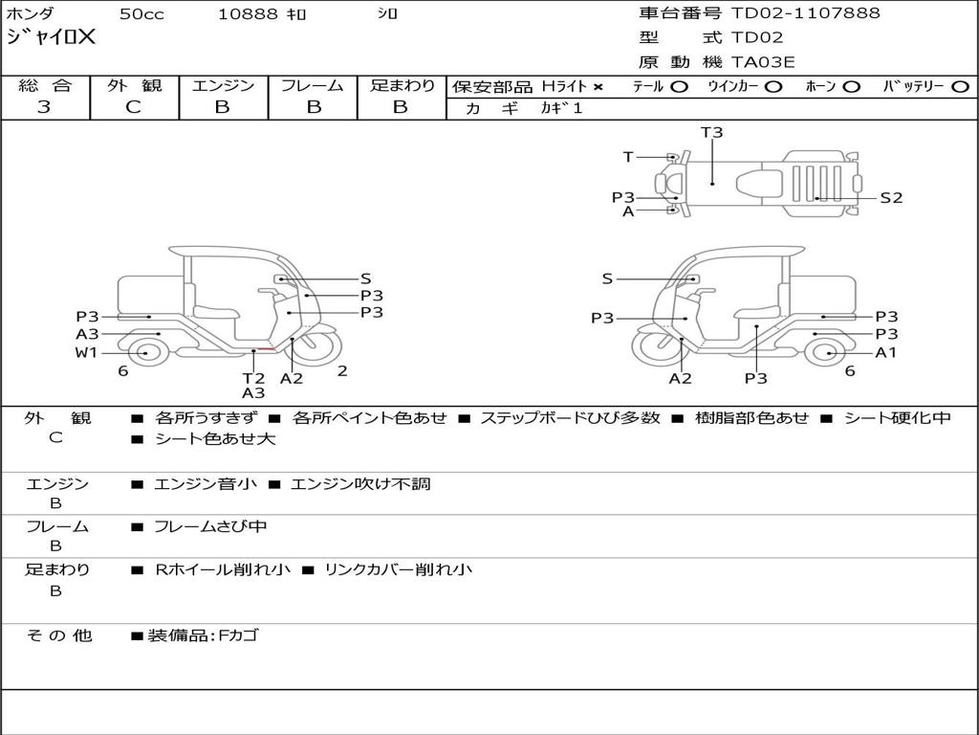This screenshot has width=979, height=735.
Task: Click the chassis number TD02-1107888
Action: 805,13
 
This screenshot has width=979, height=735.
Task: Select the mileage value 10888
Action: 247,14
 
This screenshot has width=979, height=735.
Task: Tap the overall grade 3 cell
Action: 44,107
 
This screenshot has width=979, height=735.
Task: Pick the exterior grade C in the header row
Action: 134,107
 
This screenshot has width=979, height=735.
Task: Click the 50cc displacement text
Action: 141,14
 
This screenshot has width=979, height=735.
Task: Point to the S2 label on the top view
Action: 891,198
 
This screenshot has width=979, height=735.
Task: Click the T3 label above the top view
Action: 711,132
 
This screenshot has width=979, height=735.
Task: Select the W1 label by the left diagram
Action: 86,352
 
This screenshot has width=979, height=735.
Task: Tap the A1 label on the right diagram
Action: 886,352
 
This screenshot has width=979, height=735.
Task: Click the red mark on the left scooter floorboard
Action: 267,349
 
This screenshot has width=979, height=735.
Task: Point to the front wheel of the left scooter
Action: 317,347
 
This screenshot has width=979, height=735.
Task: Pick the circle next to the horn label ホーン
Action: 851,87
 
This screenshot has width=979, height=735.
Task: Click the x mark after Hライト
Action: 598,87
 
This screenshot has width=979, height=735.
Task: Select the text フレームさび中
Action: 210,527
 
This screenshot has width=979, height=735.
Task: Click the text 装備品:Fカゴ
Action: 203,635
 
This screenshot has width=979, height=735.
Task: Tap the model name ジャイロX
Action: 51,37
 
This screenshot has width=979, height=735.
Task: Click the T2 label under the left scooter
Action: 253,378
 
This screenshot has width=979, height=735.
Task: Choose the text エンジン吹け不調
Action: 360,483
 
